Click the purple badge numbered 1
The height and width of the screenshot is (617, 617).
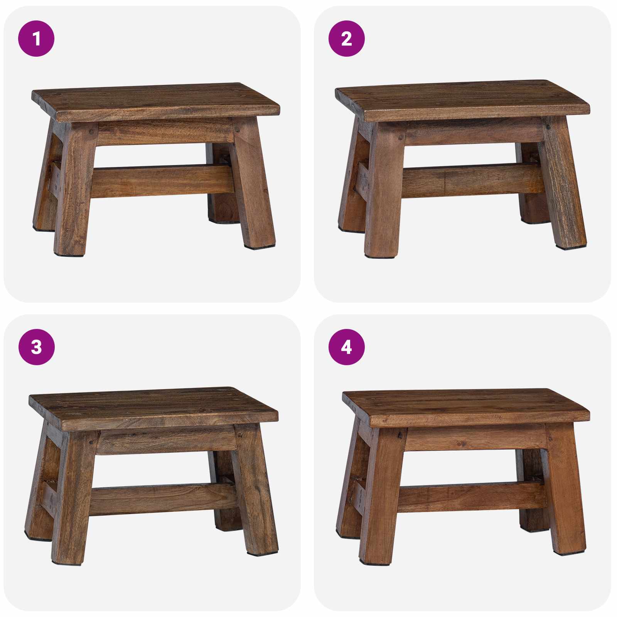[36, 39]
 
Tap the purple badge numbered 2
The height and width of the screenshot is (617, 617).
[346, 39]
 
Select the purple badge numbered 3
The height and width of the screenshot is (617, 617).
[36, 347]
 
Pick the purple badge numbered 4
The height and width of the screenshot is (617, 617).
[346, 347]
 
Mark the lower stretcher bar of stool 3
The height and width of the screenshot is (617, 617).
[162, 499]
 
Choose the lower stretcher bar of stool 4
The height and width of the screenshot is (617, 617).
[470, 497]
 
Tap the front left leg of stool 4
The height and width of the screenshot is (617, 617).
[382, 497]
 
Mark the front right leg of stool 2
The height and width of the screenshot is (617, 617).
[563, 185]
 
